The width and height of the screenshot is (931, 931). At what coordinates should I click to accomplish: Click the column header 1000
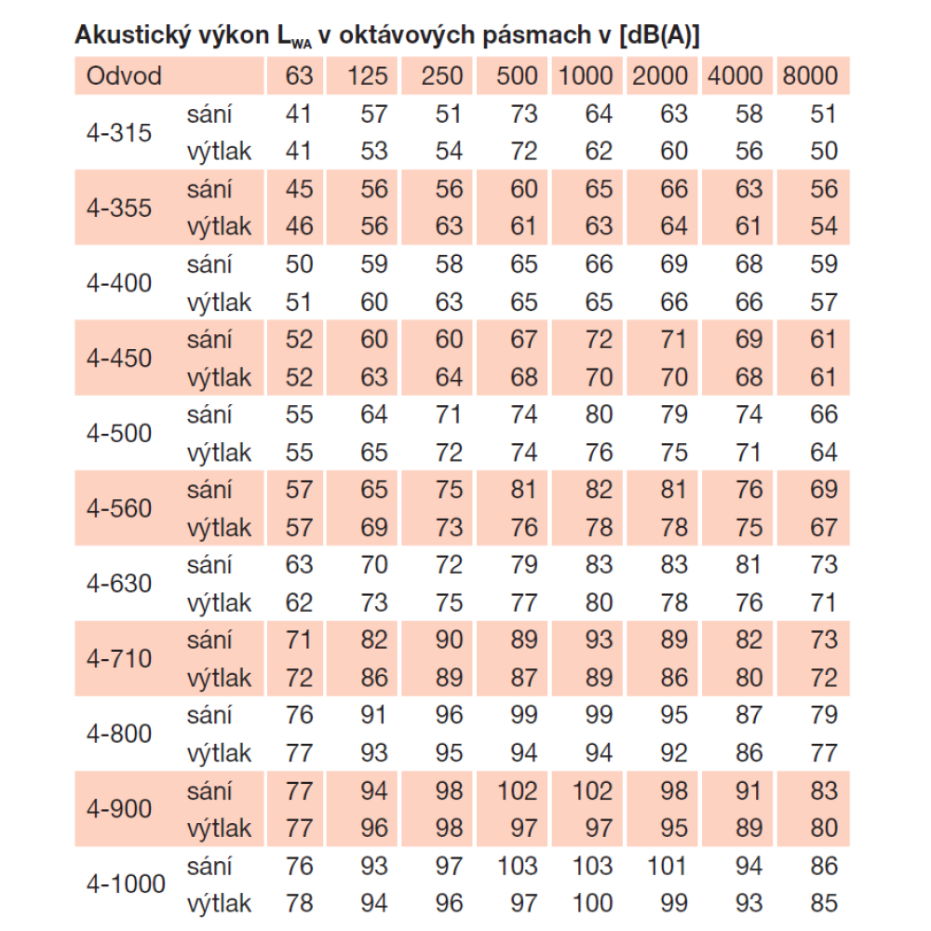(587, 76)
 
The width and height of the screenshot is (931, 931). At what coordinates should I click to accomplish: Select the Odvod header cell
(124, 76)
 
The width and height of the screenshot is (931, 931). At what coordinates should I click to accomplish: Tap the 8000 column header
(811, 76)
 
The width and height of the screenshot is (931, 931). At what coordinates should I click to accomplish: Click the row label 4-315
(118, 133)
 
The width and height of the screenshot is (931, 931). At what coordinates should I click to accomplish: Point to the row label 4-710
(118, 659)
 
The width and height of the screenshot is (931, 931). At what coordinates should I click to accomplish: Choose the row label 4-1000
(126, 884)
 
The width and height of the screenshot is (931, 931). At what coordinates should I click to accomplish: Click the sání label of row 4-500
(209, 414)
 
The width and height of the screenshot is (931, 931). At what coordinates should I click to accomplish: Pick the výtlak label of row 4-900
(219, 828)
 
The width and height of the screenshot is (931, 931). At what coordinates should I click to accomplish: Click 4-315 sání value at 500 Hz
(524, 115)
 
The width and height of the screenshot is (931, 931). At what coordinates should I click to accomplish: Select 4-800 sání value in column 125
(373, 715)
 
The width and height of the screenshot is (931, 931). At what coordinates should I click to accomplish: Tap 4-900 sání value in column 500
(517, 790)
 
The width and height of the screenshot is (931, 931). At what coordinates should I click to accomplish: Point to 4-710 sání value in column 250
(449, 640)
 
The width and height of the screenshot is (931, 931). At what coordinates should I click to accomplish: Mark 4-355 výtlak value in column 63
(299, 226)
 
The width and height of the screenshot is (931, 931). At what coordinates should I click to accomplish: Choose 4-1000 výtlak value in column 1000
(592, 903)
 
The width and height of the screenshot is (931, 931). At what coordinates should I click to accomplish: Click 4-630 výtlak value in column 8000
(823, 602)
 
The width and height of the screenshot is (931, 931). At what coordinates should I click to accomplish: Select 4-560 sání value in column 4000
(749, 490)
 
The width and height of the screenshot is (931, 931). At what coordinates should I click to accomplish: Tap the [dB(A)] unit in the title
(658, 37)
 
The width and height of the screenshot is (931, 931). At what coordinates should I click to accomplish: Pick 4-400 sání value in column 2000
(674, 264)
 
